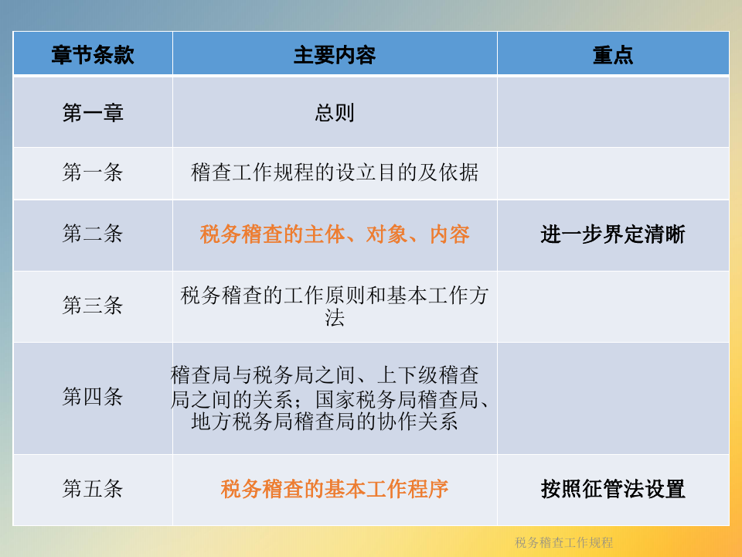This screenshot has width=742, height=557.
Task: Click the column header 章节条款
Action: pos(93,55)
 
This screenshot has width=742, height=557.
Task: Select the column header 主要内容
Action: pos(335,55)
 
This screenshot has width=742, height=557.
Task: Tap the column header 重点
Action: pos(613,55)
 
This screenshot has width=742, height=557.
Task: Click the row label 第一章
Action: pos(93,113)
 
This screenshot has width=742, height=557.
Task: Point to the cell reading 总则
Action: pos(335,113)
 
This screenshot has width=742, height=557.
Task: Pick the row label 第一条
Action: pos(93,172)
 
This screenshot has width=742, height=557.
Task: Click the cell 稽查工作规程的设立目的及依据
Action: pos(335,172)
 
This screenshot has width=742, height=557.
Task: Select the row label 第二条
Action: pos(93,234)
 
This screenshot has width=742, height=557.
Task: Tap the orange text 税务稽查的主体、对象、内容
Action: pos(335,234)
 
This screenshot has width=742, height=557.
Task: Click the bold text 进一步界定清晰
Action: pos(613,234)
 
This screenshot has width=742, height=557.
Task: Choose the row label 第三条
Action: pos(93,305)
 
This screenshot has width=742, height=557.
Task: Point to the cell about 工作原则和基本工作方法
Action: pos(335,306)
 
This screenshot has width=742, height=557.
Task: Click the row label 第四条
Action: pos(93,396)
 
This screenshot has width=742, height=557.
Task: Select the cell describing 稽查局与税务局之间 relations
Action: pos(330,398)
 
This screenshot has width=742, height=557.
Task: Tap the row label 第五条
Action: pos(93,488)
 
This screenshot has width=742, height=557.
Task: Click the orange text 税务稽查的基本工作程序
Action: pos(335,489)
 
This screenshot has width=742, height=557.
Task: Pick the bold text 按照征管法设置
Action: pos(613,489)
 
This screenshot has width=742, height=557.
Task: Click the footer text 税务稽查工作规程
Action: pos(563,542)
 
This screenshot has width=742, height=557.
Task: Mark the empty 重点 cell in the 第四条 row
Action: pos(613,398)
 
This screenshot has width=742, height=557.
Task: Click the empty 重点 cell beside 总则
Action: pos(613,111)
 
